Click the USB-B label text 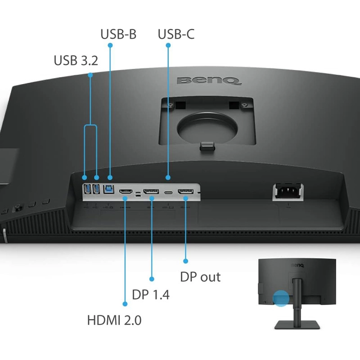(x=118, y=34)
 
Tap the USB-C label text (x=176, y=34)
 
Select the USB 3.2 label (x=76, y=60)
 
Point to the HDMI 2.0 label (x=114, y=320)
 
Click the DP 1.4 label (x=151, y=294)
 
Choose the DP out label (x=200, y=277)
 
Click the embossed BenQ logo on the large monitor (x=209, y=81)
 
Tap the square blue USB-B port (x=108, y=189)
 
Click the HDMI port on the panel (x=126, y=191)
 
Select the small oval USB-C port (x=168, y=192)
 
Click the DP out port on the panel (x=185, y=191)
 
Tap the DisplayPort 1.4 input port (x=151, y=191)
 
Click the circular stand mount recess (x=207, y=127)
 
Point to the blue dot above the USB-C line (x=168, y=45)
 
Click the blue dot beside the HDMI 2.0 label (x=125, y=304)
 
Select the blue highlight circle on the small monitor (x=281, y=298)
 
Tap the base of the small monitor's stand (x=297, y=324)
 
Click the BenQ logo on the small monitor (x=298, y=265)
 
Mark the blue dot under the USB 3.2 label (x=90, y=75)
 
